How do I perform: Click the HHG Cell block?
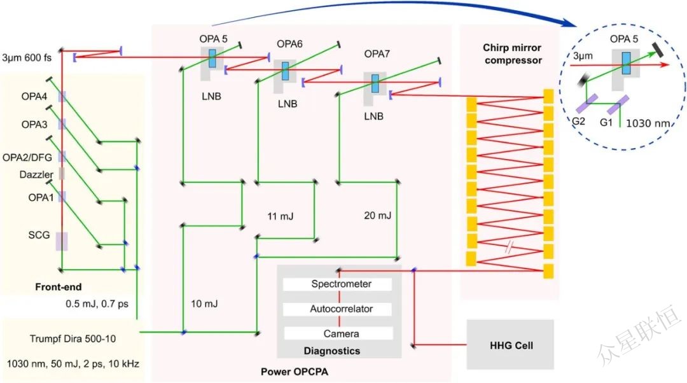coord(510,345)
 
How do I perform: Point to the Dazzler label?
coord(32,174)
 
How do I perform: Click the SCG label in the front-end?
coord(38,235)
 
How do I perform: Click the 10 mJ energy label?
coord(204,304)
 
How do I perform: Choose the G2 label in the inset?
coord(580,122)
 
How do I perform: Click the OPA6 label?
coord(289,44)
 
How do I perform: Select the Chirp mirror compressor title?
coord(511,54)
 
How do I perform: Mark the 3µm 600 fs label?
coord(30,55)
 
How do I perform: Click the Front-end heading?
coord(58,287)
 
